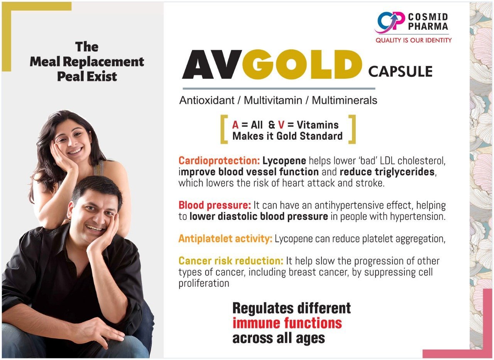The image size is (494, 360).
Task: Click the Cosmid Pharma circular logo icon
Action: click(x=390, y=23)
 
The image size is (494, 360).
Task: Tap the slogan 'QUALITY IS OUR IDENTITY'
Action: click(x=413, y=41)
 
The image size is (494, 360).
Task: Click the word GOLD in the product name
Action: click(x=302, y=64)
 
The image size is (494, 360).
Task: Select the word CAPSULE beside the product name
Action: click(x=400, y=71)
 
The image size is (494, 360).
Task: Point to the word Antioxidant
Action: click(x=207, y=101)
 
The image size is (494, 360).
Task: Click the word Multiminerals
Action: click(x=344, y=101)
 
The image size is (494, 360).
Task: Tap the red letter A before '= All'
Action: click(x=235, y=125)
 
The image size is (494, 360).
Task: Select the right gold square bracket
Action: click(x=352, y=129)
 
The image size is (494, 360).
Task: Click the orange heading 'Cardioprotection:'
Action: click(x=219, y=161)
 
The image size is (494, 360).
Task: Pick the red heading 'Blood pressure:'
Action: click(x=215, y=205)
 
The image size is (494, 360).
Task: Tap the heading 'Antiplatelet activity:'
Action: click(x=225, y=239)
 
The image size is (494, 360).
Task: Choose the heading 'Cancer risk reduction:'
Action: click(x=231, y=261)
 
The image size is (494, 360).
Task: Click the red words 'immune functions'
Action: click(x=287, y=323)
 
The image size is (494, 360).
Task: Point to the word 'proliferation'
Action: click(x=204, y=284)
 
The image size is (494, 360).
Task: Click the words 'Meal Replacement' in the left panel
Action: click(x=87, y=62)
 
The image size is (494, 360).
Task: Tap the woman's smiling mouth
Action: click(x=75, y=151)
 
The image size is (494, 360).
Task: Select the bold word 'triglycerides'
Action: click(x=387, y=172)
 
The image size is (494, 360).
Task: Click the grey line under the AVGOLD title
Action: click(x=279, y=89)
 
